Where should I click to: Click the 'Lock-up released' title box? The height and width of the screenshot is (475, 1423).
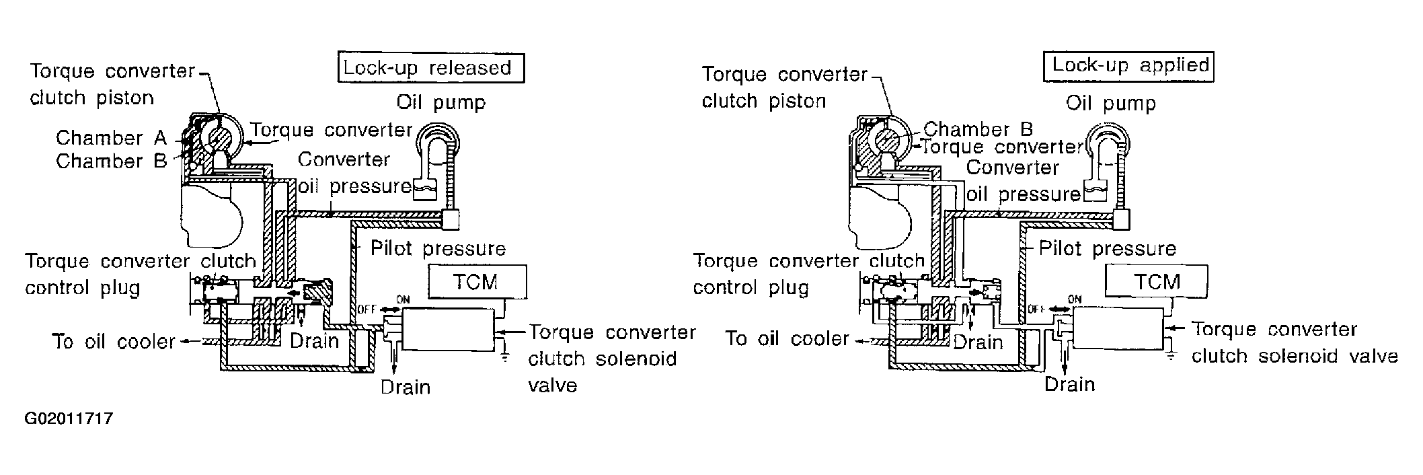coord(430,68)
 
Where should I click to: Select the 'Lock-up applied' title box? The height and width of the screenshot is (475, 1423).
coord(1128,66)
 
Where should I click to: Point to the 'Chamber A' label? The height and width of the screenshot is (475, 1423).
coord(111,138)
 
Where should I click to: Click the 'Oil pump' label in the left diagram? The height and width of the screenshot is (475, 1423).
coord(440,102)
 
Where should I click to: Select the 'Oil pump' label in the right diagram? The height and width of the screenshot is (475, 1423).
coord(1111,103)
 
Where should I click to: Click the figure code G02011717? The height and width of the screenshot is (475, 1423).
coord(69,418)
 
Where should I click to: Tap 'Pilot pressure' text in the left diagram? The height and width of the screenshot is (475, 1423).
coord(438,248)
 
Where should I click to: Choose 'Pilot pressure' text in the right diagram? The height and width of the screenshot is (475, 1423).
coord(1108,248)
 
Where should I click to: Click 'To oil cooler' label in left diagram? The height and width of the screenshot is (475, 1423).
coord(114,341)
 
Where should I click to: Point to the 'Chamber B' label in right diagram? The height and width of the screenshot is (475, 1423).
coord(978,129)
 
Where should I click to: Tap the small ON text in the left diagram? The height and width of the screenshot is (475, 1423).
coord(403,300)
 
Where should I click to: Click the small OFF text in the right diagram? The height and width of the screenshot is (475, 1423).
coord(1036,309)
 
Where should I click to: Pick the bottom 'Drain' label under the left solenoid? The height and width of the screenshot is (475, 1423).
coord(406,387)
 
